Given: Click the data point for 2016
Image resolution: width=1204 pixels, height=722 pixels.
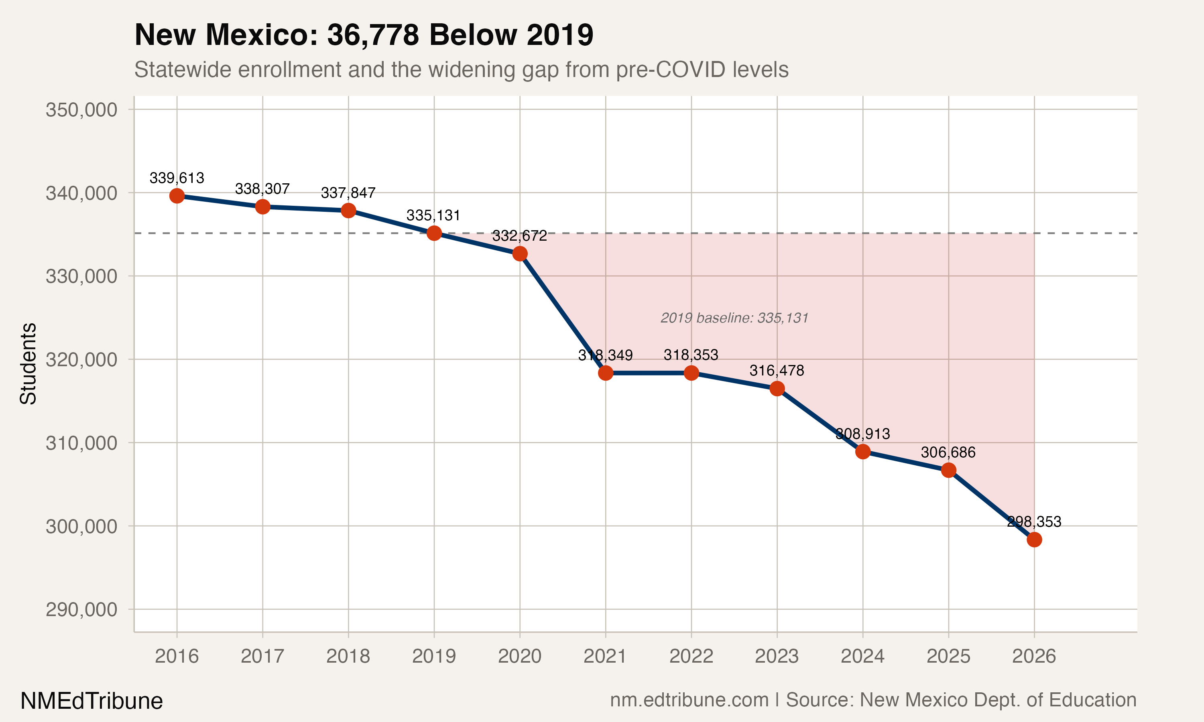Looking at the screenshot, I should (x=177, y=196).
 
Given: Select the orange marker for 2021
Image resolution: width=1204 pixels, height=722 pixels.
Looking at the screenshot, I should (x=605, y=373).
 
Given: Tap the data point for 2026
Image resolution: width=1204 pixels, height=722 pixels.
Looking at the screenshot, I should (x=1034, y=539).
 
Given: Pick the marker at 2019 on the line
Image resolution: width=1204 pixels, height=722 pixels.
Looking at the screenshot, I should (x=434, y=233).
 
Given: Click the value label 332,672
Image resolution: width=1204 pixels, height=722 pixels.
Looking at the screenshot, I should (x=519, y=236).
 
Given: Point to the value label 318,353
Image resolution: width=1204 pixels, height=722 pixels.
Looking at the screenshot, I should (x=691, y=355).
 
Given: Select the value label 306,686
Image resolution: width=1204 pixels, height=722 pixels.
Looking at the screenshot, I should (x=948, y=452).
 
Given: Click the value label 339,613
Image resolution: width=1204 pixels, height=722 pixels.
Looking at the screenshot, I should (x=177, y=178).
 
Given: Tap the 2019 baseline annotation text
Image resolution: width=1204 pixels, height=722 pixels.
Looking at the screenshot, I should (x=734, y=318).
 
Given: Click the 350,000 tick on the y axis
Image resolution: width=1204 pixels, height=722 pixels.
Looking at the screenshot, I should (x=81, y=110).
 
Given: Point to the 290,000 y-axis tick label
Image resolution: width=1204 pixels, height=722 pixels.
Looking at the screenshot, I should (x=81, y=610).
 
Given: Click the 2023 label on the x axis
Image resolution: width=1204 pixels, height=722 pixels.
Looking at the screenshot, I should (x=777, y=657).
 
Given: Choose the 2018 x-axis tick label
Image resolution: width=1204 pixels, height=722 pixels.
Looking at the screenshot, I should (x=348, y=657).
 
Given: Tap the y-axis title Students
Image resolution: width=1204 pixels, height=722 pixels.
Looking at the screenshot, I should (x=28, y=363).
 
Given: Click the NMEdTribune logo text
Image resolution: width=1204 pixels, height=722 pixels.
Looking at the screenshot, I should (x=92, y=701).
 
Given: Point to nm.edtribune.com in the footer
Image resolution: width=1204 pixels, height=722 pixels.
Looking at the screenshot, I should (x=689, y=700).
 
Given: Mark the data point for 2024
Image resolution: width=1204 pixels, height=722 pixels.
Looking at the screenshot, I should (x=863, y=452).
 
